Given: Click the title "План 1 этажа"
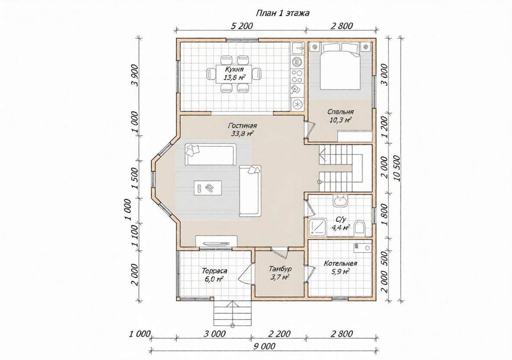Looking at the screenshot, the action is point(283,13).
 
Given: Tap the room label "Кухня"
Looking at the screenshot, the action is point(234,69).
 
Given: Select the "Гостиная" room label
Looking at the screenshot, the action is point(242,126).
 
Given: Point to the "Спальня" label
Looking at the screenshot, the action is point(341,112).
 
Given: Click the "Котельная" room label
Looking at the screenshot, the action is point(340,264).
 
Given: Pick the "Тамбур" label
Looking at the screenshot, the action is point(280,269).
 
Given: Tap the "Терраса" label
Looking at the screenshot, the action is point(214,271).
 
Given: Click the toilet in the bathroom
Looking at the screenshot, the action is point(359,227).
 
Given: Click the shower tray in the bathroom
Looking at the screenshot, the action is point(317,227).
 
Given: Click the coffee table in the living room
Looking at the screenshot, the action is point(208,188).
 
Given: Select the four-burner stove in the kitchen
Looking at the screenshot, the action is point(297,76).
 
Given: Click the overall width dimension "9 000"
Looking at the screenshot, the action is point(264,346).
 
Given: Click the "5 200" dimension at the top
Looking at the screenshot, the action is point(242,26).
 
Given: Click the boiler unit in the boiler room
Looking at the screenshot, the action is point(362,248).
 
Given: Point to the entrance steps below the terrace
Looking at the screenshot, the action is point(233,313).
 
